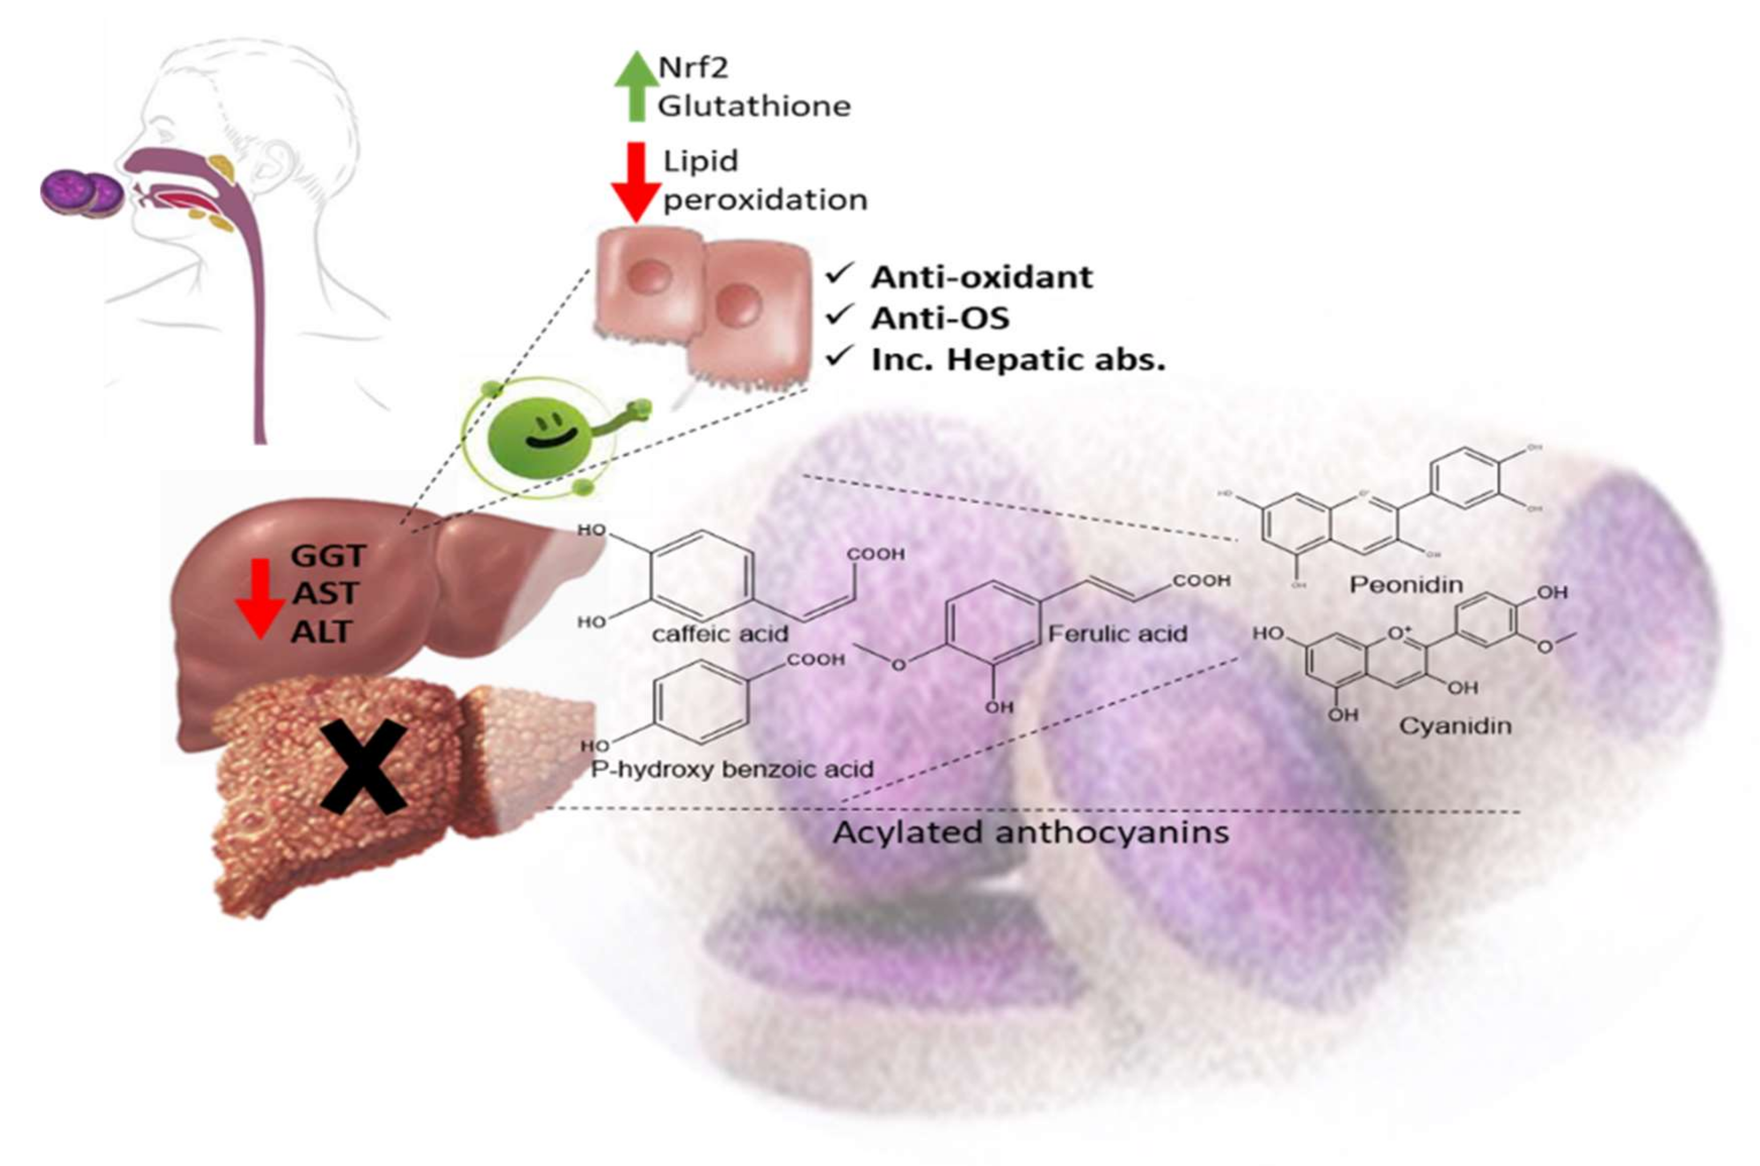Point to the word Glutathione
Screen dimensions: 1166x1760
pyautogui.click(x=754, y=106)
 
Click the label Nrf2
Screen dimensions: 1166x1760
pyautogui.click(x=693, y=68)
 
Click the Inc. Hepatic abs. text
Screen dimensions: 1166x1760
pyautogui.click(x=1017, y=360)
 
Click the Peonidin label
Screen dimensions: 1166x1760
pyautogui.click(x=1405, y=585)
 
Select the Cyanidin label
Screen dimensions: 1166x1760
pyautogui.click(x=1454, y=726)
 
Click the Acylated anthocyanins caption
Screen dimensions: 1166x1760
pyautogui.click(x=1030, y=832)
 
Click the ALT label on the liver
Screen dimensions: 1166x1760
pyautogui.click(x=321, y=632)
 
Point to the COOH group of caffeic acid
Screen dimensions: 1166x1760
pyautogui.click(x=875, y=554)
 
